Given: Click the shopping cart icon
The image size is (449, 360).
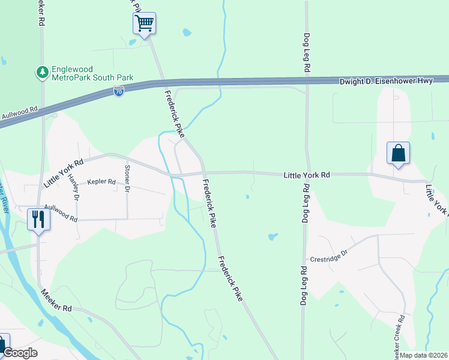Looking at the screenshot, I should point(144,24).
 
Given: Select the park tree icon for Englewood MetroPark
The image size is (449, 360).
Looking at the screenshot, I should point(42,73).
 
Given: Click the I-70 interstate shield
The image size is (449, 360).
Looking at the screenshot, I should point(119,92).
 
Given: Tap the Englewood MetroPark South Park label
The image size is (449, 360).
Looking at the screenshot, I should point(92,74).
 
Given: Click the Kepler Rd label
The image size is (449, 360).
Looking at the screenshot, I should point(101,181).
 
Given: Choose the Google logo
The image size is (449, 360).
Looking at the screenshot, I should point(20,353).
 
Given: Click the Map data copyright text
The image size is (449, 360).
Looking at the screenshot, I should point(424,355).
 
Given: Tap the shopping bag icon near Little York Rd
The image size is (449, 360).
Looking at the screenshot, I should point(399,154).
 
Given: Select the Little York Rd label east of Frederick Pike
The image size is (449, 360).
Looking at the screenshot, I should point(307,175).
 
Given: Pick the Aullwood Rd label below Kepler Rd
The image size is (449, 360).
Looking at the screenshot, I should point(61,211).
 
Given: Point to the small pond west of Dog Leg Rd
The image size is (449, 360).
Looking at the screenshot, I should point(273,236).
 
